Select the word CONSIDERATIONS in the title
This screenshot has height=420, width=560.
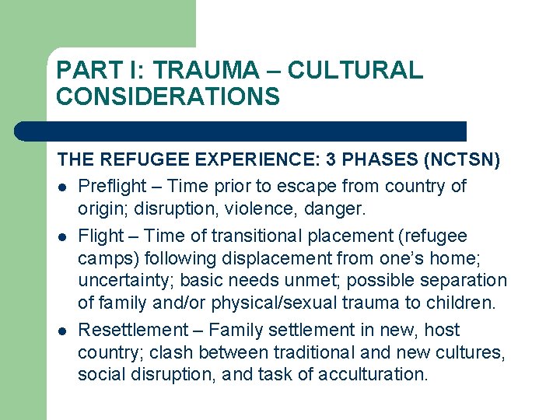(x=167, y=96)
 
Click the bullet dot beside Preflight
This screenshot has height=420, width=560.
(x=62, y=187)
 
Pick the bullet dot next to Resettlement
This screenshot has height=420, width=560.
(x=62, y=331)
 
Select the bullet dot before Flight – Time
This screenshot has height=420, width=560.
(x=62, y=236)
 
